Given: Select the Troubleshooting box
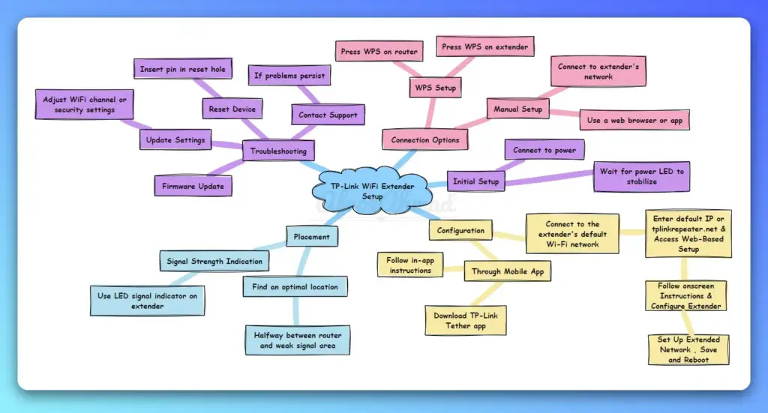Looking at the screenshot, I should coord(278,151).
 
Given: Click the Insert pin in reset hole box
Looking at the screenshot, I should coord(183,70).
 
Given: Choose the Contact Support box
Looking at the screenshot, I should coord(327,115).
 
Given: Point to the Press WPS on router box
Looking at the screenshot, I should coord(377,51).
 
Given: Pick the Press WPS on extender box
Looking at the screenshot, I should coord(484,46).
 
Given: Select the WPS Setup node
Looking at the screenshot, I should coord(435,88).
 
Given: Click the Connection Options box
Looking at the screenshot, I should coord(425,139).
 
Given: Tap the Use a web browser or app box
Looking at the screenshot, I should coord(634,120).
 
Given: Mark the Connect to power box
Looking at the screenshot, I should coord(544,150).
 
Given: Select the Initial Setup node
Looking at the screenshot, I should coord(475,181).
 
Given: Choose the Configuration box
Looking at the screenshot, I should coord(461,230).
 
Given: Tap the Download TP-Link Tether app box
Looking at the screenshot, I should coord(465,320).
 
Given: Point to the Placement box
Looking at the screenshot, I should coord(311,237).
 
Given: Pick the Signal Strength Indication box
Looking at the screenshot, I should coord(214,262).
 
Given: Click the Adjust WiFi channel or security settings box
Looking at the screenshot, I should coord(85,104).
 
